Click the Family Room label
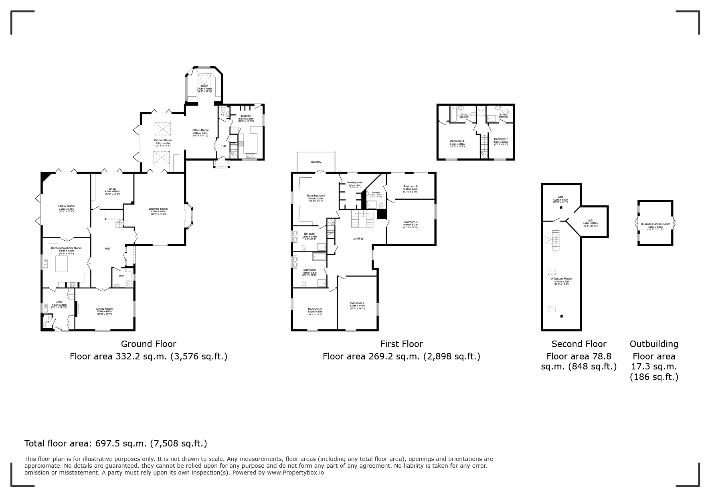pos(66,206)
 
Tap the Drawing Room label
pos(158,209)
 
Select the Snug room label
pos(112,189)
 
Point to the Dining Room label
pos(104,309)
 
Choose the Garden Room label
pos(163,140)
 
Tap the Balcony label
pos(316,162)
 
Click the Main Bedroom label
pos(316,196)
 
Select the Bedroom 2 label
pos(357,303)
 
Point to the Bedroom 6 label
pos(411,187)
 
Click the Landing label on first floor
pos(358,239)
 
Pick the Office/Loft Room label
pos(561,279)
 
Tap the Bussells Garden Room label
pos(655,224)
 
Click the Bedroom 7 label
pos(501,139)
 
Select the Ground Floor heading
pos(148,344)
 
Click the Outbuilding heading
pos(654,344)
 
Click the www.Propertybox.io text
pos(295,473)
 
